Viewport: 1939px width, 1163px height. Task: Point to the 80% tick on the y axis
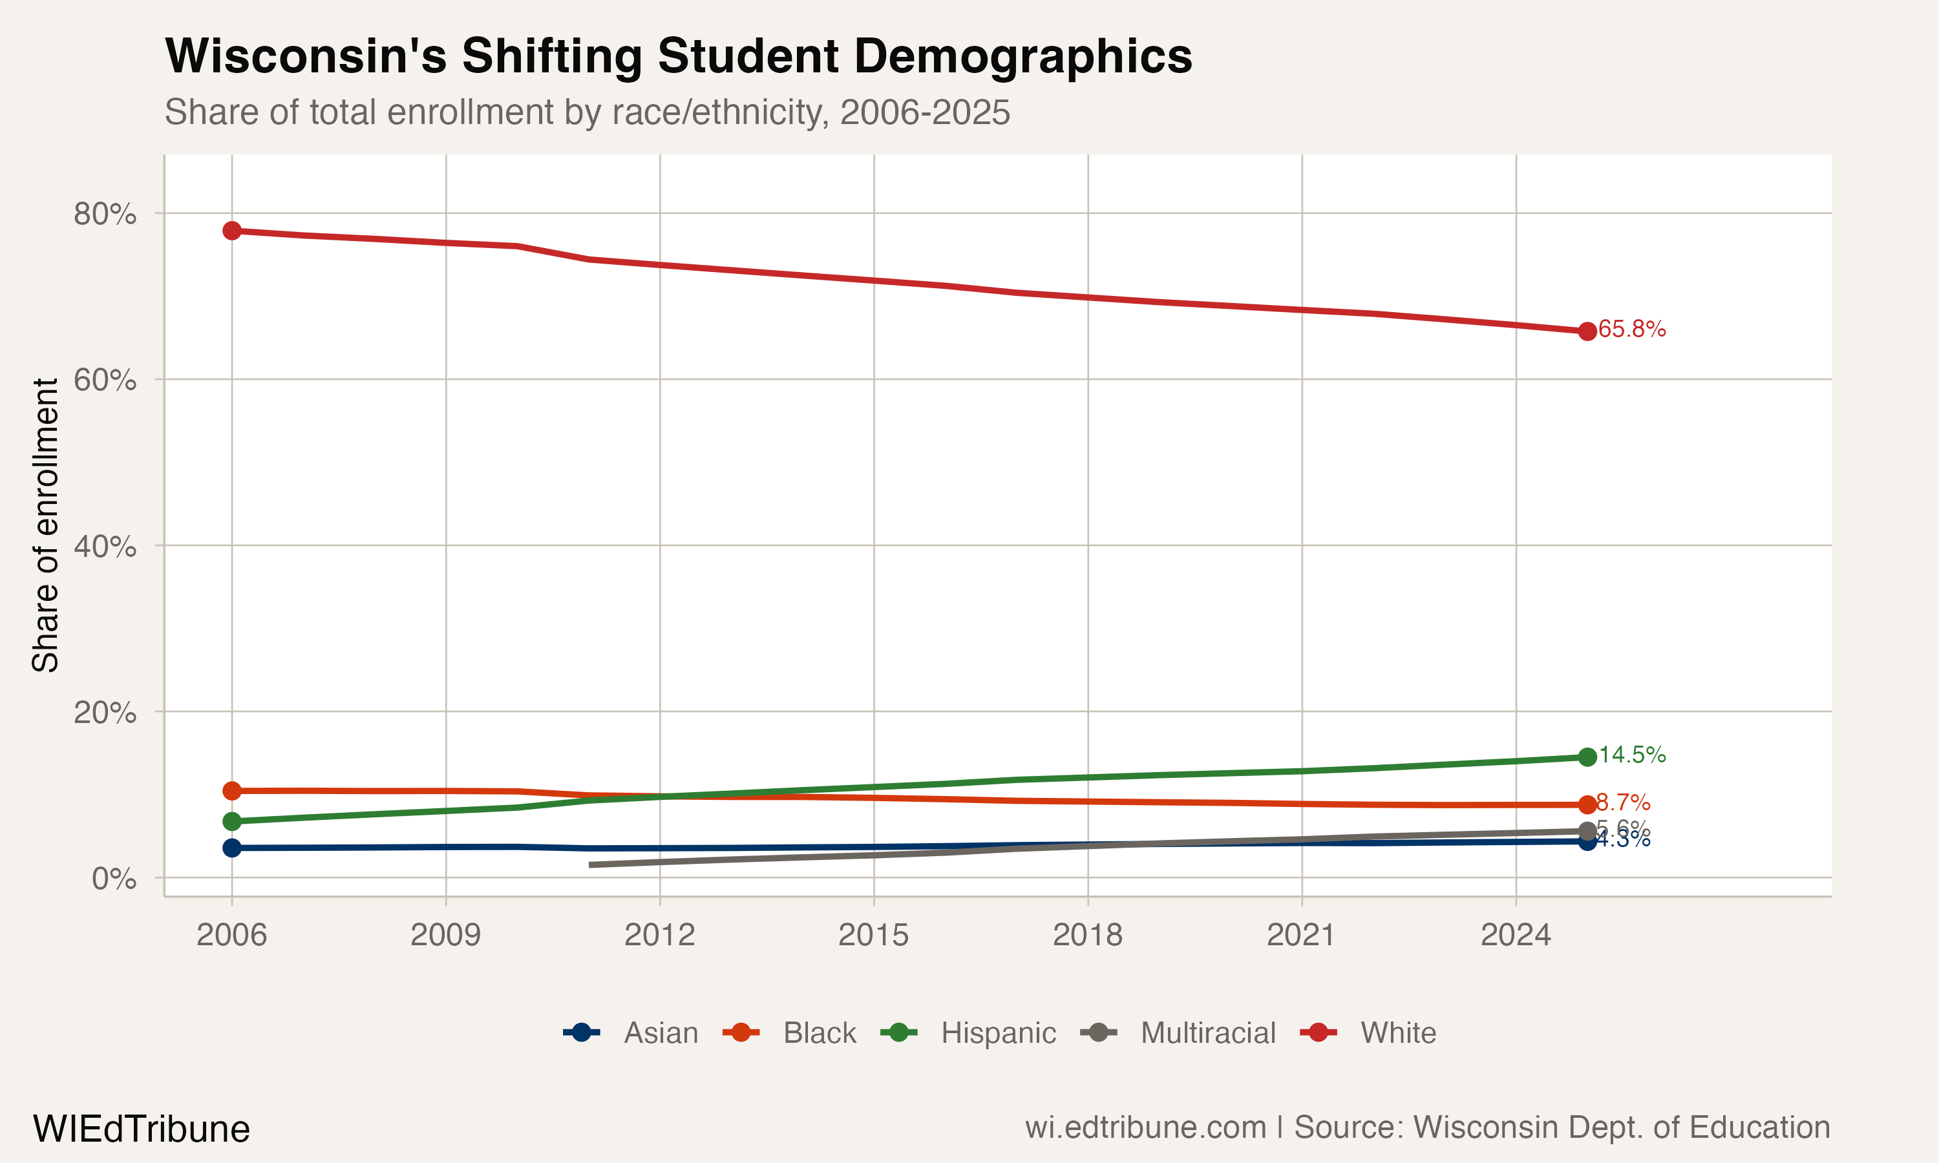coord(104,213)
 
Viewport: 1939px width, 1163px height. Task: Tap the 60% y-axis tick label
coord(104,380)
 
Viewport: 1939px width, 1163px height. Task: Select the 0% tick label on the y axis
coord(114,879)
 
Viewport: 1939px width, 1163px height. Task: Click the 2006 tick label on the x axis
coord(231,935)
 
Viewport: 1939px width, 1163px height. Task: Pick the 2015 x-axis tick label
coord(873,935)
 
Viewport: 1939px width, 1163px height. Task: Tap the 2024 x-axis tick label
coord(1515,935)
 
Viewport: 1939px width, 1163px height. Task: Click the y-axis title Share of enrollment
coord(45,525)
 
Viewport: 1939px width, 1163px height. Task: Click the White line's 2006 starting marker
coord(232,231)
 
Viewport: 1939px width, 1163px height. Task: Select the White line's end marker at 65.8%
coord(1587,331)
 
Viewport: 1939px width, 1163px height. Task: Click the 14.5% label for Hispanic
coord(1632,755)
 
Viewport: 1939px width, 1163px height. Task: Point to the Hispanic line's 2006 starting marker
coord(232,821)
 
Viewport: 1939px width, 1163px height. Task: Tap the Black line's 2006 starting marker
coord(232,791)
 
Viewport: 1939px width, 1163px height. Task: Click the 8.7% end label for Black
coord(1623,802)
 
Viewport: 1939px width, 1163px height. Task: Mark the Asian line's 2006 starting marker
coord(232,848)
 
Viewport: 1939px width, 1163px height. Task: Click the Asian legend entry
coord(631,1033)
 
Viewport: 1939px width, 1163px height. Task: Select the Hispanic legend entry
coord(969,1033)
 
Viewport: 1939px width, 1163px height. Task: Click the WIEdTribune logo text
coord(141,1129)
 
